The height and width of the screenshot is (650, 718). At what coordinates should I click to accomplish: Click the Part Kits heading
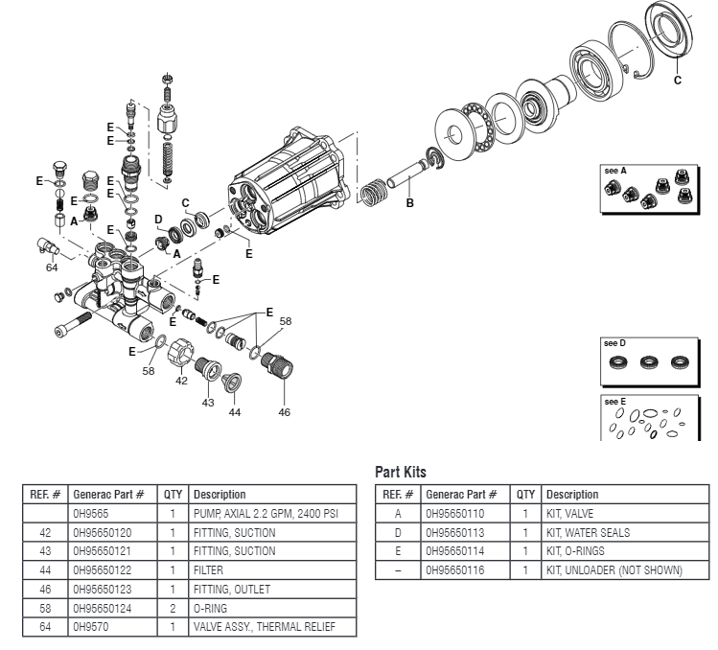coord(400,473)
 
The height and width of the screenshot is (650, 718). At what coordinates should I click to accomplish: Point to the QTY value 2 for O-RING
coord(174,608)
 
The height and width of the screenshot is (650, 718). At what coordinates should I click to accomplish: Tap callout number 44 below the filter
coord(235,412)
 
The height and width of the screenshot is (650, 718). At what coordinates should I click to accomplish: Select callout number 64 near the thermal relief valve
coord(52,267)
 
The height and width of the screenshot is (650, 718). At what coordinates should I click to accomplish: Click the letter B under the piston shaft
coord(409,203)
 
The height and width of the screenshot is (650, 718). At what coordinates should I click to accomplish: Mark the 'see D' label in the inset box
coord(614,342)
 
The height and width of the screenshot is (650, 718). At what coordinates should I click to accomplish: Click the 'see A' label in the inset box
coord(615,170)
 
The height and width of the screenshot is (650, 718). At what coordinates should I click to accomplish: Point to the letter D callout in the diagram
coord(158,219)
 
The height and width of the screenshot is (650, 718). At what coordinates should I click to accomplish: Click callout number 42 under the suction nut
coord(180,382)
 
